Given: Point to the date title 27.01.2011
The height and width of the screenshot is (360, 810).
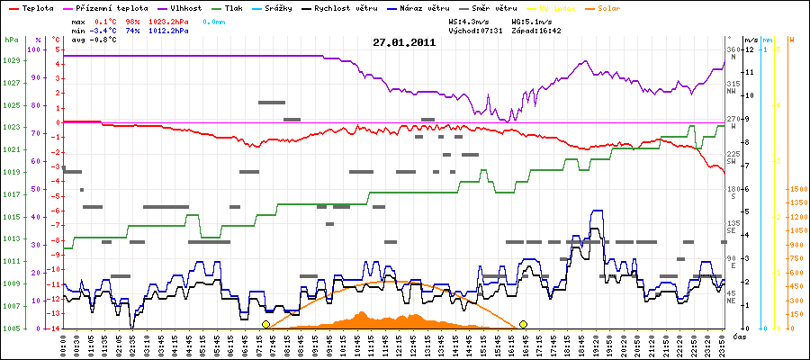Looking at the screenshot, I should tap(404, 42).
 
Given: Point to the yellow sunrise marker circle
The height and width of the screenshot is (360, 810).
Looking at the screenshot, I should tap(265, 324).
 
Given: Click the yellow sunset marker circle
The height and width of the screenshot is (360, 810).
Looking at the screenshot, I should tap(523, 324).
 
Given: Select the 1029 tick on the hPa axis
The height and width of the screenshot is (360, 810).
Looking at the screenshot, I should tap(11, 60).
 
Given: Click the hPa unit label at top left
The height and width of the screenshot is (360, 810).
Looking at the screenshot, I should tap(11, 40).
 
